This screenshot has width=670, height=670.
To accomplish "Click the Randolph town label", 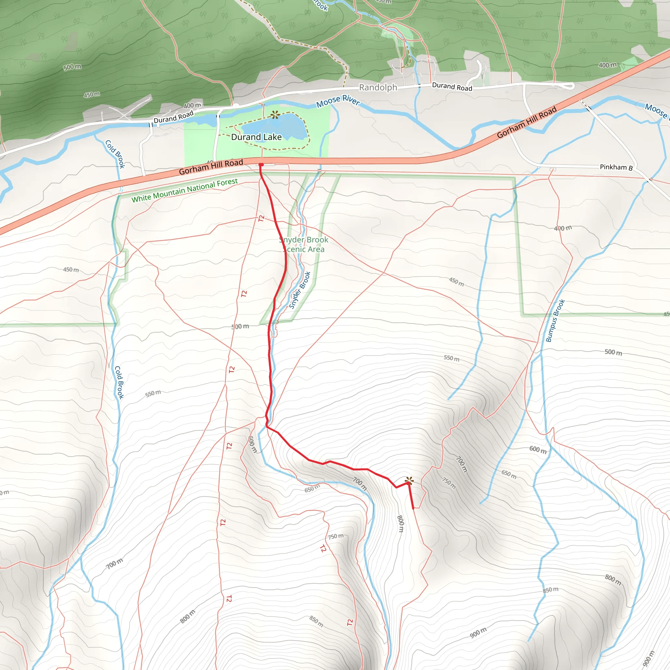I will point(378,87).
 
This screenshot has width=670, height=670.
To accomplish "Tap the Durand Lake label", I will point(256,137).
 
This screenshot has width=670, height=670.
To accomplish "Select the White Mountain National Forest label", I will point(185,190).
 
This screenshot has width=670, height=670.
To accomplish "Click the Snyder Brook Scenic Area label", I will point(304,244).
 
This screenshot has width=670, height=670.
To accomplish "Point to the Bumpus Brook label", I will point(555,321).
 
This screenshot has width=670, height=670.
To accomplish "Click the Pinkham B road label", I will point(616,167).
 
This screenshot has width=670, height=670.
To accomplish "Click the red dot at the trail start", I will point(261,165).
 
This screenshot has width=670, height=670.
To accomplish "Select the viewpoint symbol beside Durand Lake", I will point(275,115).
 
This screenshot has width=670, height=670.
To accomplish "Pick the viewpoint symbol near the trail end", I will point(409,481).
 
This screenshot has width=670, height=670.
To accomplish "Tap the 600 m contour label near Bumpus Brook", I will point(538,450).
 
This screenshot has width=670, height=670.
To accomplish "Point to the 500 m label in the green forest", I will point(72,67).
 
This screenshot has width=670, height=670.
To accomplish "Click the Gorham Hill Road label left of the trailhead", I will point(211,167).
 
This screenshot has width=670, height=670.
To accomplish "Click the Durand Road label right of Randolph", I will point(452,86).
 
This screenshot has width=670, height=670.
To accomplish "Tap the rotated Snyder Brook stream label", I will point(300,290).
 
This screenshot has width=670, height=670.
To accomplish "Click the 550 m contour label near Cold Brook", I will point(153,393).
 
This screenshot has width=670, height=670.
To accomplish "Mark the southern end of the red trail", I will point(413,508).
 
